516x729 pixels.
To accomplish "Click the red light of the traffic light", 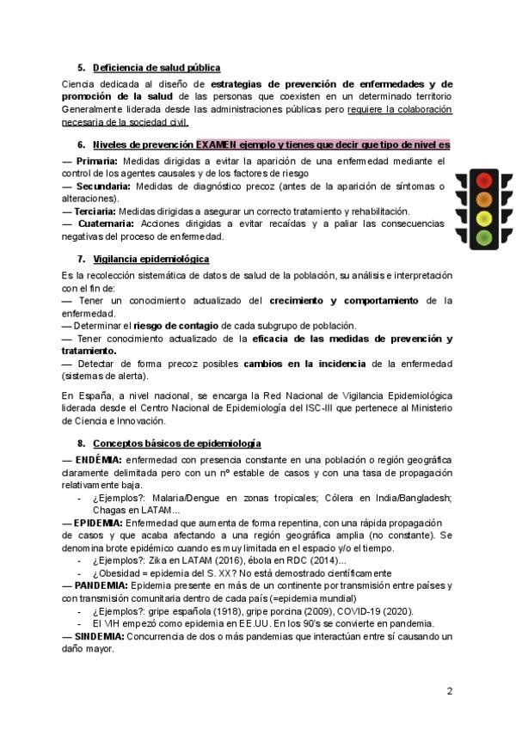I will (484, 181).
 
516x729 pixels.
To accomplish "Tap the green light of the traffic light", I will (484, 236).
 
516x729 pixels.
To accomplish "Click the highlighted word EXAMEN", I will (217, 144).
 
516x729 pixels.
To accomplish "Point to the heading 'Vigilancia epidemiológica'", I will (151, 259).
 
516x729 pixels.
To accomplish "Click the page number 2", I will (449, 690).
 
